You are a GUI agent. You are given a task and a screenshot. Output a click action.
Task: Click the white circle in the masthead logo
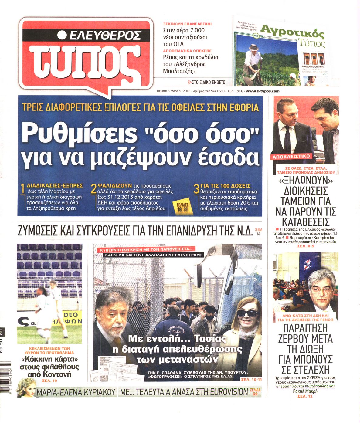[62, 35]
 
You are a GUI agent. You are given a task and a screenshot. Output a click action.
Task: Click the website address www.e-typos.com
[263, 91]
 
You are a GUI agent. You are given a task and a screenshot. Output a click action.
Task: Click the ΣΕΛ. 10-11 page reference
[251, 379]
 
